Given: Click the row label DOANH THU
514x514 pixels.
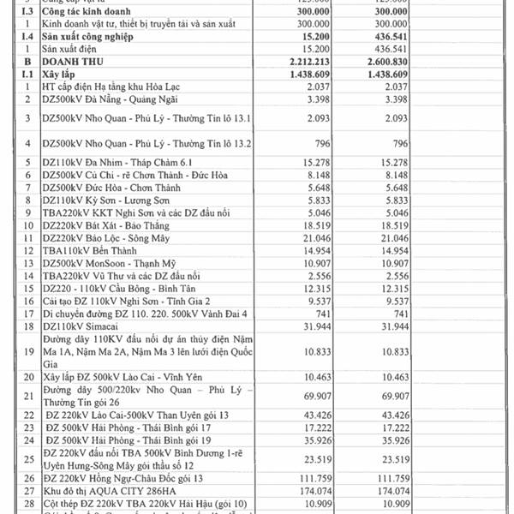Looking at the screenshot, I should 76,62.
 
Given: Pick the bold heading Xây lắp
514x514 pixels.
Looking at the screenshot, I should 59,75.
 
